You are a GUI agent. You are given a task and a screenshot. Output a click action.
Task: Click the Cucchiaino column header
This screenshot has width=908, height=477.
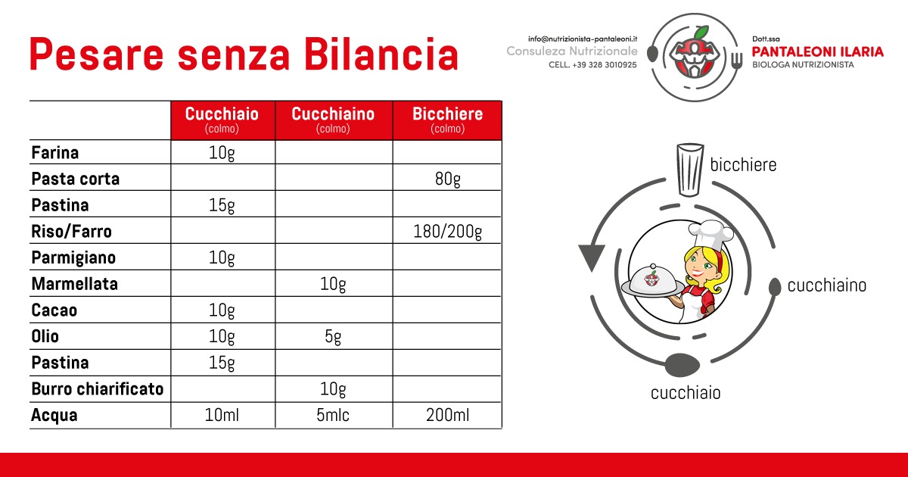[333, 120]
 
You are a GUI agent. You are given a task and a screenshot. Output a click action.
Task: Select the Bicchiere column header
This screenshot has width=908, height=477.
[447, 120]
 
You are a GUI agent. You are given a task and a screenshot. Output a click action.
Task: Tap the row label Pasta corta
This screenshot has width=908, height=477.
[76, 179]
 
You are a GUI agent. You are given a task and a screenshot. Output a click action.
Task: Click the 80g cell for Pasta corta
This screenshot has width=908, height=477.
[447, 179]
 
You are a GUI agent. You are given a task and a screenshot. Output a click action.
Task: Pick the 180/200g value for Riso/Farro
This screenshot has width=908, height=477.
[447, 232]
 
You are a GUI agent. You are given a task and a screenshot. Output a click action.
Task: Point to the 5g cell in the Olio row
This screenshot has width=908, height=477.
[333, 337]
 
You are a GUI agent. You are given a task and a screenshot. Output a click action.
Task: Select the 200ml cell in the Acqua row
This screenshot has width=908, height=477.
[447, 415]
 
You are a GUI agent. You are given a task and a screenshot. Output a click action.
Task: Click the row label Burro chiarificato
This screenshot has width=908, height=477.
[98, 389]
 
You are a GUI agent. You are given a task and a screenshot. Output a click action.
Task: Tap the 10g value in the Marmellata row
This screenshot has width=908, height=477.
[333, 284]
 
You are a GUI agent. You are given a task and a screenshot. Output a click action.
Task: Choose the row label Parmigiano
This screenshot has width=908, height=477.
[74, 258]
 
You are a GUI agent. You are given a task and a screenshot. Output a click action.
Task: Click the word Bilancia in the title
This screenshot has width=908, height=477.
[381, 55]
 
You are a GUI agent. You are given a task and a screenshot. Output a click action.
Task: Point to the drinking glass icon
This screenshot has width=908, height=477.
[690, 170]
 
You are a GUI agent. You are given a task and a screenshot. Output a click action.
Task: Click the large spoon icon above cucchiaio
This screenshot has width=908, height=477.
[683, 364]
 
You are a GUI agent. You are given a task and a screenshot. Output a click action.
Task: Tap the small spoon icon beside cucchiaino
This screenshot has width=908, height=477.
[775, 287]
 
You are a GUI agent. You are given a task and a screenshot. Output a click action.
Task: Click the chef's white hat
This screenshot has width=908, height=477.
[712, 235]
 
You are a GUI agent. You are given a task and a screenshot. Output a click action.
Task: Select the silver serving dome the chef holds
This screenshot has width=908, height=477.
[652, 280]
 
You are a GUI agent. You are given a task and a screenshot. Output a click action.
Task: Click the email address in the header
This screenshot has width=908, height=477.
[583, 39]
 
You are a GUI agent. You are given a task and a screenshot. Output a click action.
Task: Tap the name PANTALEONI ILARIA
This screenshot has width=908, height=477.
[818, 52]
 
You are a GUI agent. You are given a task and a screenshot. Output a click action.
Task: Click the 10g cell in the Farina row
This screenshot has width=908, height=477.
[222, 153]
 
